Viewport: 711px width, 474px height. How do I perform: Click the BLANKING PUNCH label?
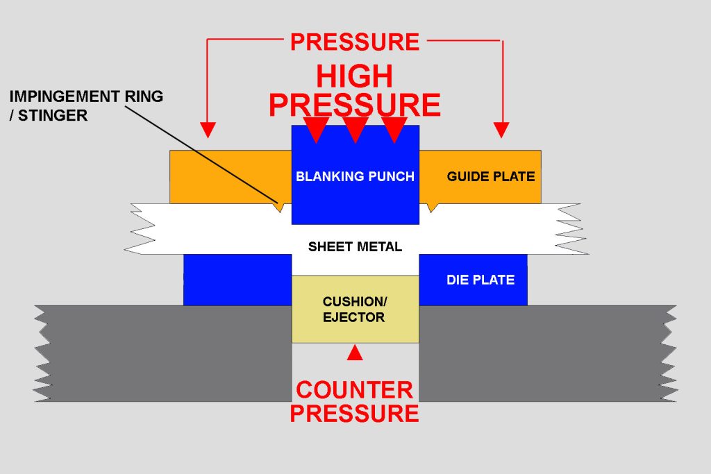click(x=355, y=176)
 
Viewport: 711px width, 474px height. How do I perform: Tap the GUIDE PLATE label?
click(x=490, y=176)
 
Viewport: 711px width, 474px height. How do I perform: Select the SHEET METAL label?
click(x=355, y=246)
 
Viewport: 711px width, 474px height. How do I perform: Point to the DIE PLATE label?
click(x=480, y=280)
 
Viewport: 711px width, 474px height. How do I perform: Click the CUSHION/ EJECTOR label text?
click(x=355, y=310)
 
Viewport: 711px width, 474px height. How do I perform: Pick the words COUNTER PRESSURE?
click(x=355, y=401)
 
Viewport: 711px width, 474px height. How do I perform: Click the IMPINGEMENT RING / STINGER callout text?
click(x=86, y=105)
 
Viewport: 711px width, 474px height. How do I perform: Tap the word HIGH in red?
click(x=355, y=76)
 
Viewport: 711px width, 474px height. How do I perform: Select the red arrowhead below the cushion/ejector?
click(x=355, y=353)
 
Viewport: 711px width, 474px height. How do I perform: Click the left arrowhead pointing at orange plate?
click(x=208, y=130)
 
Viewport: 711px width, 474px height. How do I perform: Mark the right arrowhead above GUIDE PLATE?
click(x=501, y=130)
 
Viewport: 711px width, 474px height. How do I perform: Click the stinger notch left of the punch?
click(x=281, y=207)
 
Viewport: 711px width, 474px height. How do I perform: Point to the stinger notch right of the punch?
click(x=431, y=207)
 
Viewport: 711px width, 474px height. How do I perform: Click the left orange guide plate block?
click(x=229, y=176)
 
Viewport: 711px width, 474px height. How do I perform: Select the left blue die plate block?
click(x=236, y=280)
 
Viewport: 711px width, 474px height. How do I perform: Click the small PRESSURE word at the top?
click(x=355, y=42)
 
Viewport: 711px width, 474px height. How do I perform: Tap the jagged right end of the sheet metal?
click(x=573, y=229)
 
